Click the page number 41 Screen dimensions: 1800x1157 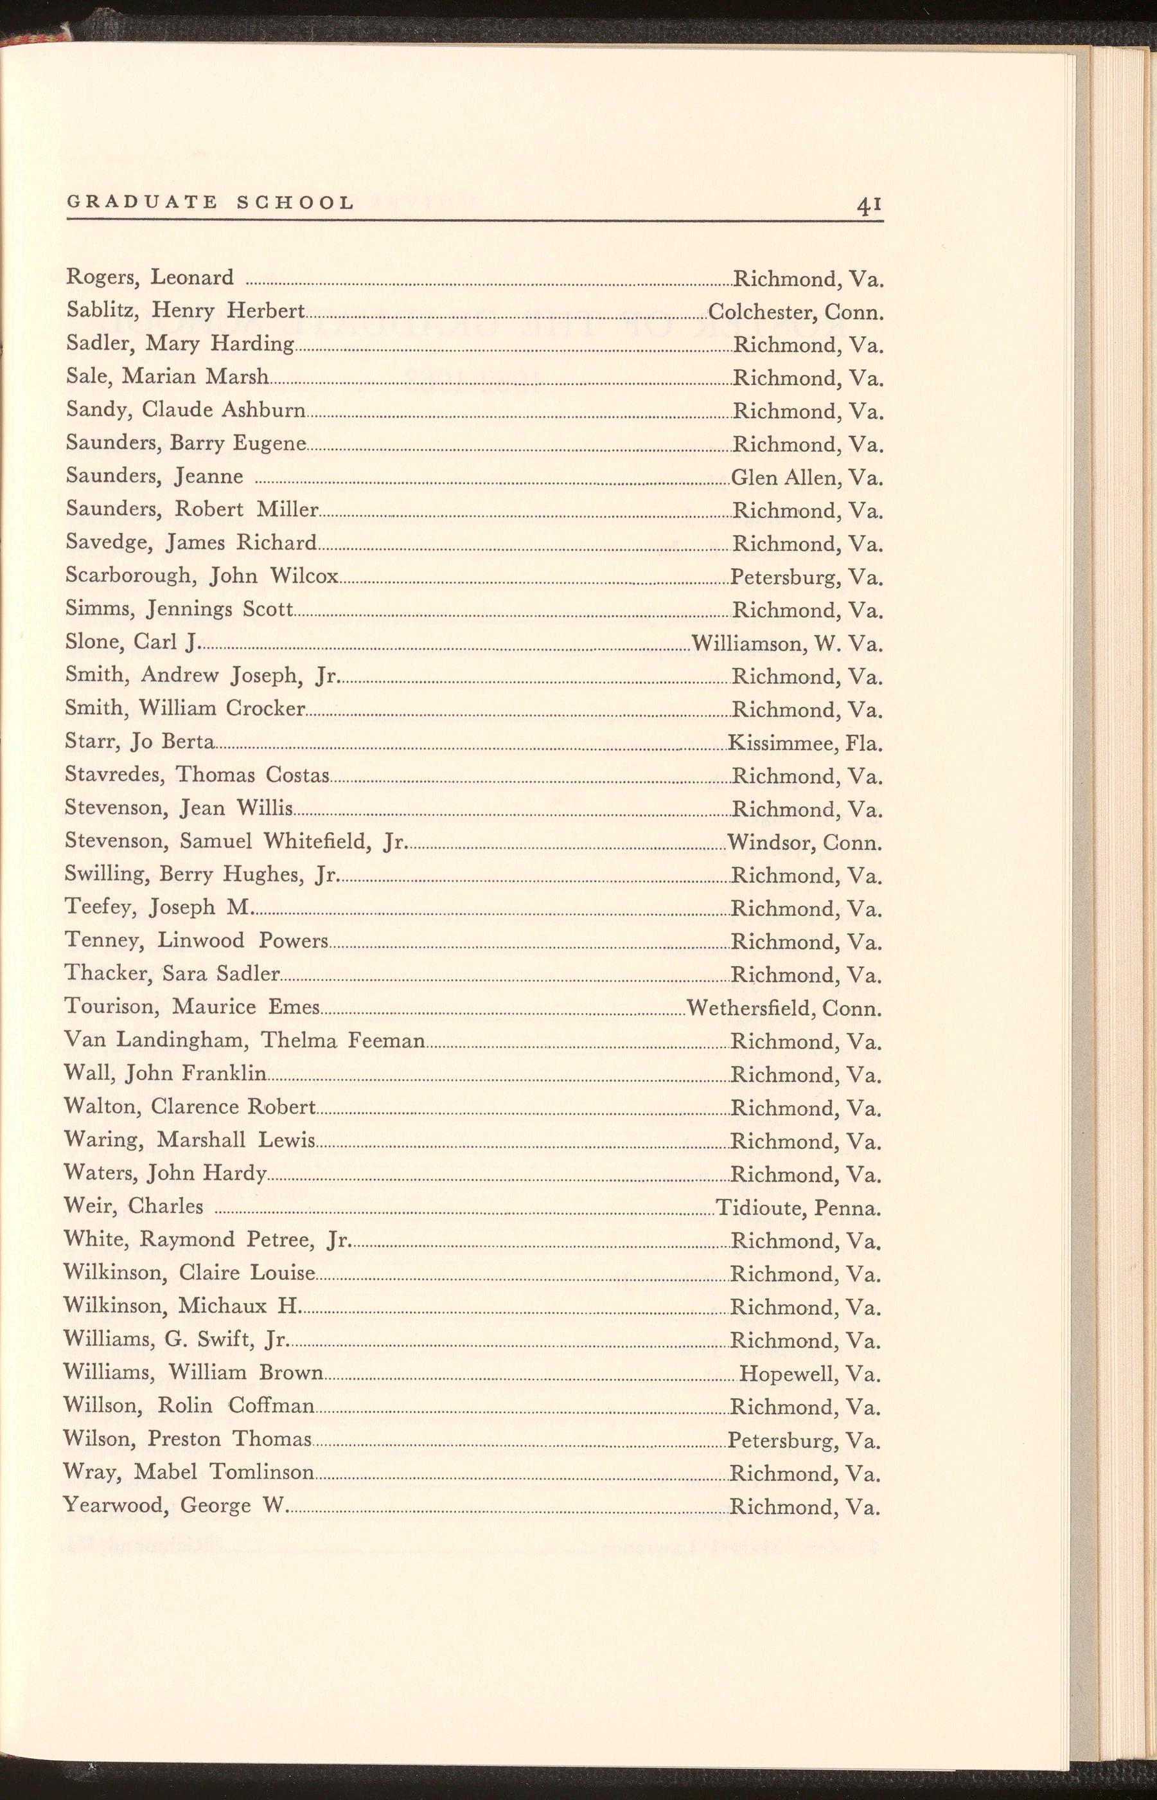point(869,204)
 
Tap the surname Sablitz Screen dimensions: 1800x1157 point(103,310)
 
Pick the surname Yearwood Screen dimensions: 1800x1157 point(114,1506)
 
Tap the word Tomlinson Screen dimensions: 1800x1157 point(261,1471)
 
